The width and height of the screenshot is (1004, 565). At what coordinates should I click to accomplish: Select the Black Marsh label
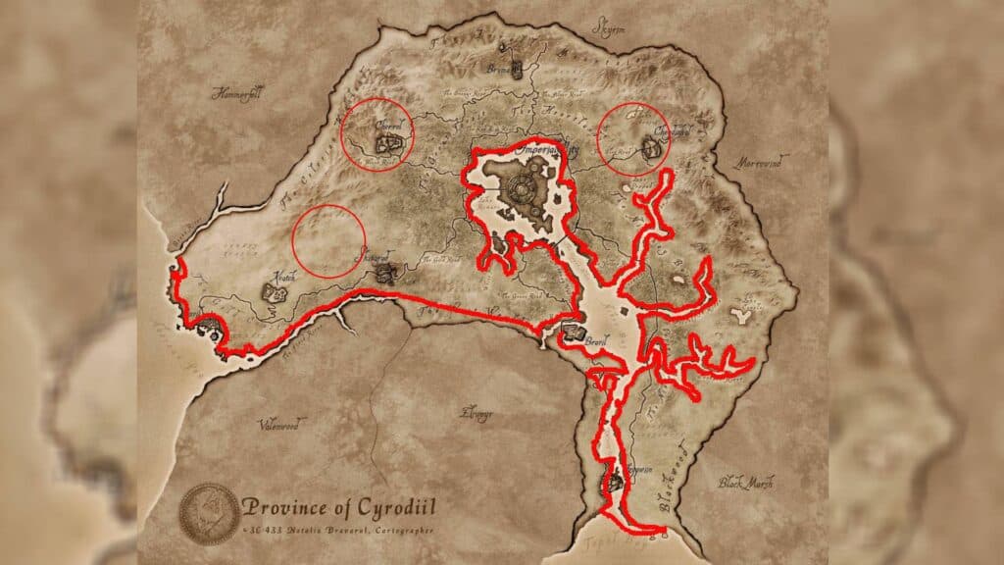point(746,482)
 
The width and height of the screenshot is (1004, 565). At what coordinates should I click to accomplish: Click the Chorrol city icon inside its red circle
point(389,145)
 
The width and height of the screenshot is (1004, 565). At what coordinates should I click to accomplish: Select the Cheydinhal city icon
point(647,148)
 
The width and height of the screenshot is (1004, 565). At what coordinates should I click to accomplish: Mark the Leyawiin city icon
point(616,481)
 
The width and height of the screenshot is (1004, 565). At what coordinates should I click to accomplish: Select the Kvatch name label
point(277,278)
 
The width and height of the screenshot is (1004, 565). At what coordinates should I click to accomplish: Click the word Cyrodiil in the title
point(392,508)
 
